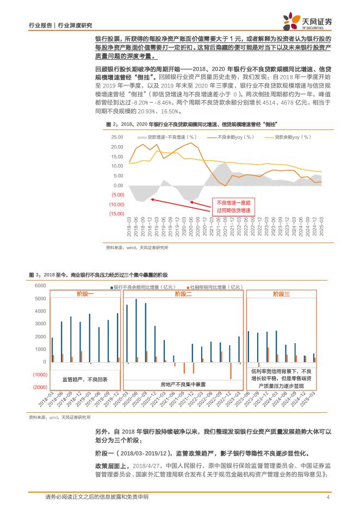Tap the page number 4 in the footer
click(x=328, y=497)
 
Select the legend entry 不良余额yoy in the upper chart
click(x=237, y=138)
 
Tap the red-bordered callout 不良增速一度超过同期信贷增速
click(x=234, y=206)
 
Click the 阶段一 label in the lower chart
click(x=85, y=294)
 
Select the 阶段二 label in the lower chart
click(x=183, y=294)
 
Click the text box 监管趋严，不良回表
click(x=85, y=378)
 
